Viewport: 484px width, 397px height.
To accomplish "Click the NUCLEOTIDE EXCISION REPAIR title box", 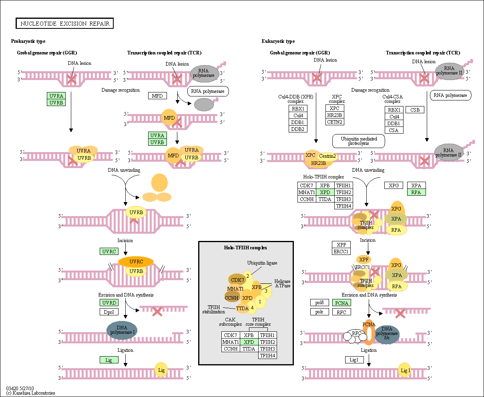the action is click(x=64, y=23).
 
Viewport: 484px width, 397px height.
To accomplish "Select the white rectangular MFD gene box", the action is click(x=157, y=96).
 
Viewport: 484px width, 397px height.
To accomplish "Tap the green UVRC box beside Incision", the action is click(x=109, y=251).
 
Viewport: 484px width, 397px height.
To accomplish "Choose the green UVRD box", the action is click(x=109, y=303).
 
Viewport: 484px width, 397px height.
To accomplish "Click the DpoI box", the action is click(x=109, y=312).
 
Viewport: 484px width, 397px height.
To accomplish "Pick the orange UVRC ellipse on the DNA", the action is click(x=136, y=262).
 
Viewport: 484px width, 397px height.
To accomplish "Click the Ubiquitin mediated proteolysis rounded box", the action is click(x=358, y=141).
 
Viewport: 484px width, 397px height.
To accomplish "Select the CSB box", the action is click(x=415, y=110).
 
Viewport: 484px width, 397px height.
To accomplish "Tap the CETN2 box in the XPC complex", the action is click(x=335, y=122).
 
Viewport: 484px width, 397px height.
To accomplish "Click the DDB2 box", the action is click(x=298, y=129).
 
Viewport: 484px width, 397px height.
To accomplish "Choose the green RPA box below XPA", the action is click(x=416, y=192).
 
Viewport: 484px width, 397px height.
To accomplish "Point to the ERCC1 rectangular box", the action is click(x=341, y=251).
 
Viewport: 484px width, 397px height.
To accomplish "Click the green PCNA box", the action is click(x=341, y=303).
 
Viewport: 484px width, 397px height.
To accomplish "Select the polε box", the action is click(x=319, y=312).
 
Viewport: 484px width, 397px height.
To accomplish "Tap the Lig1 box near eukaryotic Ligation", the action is click(x=354, y=360).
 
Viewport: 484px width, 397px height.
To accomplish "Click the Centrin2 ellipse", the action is click(x=327, y=156).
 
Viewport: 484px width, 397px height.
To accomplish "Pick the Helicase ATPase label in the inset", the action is click(x=283, y=283).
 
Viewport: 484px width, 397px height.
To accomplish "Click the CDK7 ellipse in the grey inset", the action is click(x=237, y=280).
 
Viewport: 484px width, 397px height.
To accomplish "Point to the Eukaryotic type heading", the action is click(x=278, y=41).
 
